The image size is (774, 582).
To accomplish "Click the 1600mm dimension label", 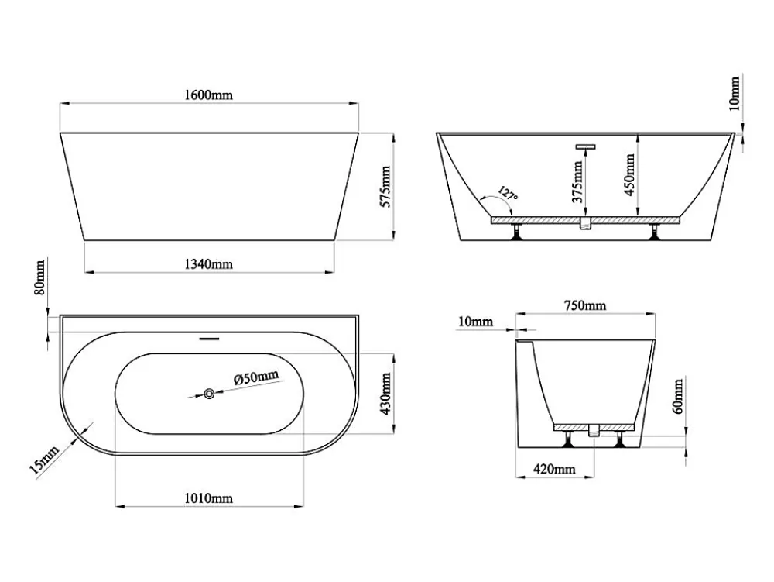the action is [208, 95].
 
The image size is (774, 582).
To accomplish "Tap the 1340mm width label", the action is [208, 264].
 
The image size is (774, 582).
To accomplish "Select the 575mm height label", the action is [385, 187].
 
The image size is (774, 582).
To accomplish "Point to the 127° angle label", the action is [508, 193].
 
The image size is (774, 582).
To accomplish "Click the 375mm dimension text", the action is [577, 182].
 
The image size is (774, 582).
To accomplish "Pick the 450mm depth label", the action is [629, 175].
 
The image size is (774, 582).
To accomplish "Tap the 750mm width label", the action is [585, 305].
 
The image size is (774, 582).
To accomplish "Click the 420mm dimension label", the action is [554, 468].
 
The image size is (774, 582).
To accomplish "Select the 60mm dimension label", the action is [678, 396].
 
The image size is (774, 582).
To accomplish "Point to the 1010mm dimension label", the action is [208, 498].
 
